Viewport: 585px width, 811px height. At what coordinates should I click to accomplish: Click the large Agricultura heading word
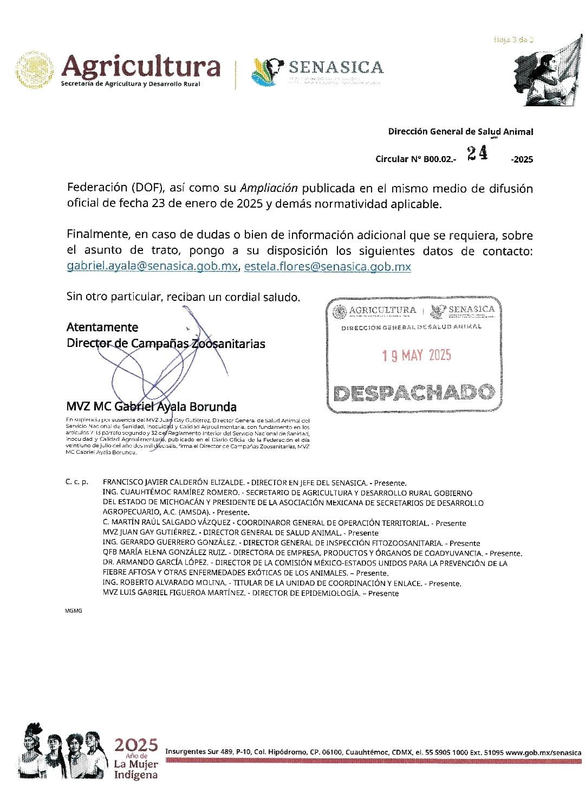141,67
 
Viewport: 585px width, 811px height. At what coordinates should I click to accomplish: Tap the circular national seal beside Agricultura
36,70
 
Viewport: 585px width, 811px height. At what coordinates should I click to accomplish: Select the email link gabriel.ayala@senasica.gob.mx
152,267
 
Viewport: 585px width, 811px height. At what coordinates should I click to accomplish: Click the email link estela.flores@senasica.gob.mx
327,267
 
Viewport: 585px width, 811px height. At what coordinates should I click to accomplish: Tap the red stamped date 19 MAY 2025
416,355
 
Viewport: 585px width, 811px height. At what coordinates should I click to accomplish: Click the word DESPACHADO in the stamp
414,392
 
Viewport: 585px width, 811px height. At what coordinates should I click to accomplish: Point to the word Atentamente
102,327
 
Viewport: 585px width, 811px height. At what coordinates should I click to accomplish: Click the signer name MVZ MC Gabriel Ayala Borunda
151,407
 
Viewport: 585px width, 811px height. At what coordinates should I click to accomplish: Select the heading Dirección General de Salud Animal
460,132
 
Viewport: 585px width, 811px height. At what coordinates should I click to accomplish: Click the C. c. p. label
77,482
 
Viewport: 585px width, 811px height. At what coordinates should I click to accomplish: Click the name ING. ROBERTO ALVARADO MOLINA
164,583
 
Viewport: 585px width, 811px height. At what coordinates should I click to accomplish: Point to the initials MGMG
74,611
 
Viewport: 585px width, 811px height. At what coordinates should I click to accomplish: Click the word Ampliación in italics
269,188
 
